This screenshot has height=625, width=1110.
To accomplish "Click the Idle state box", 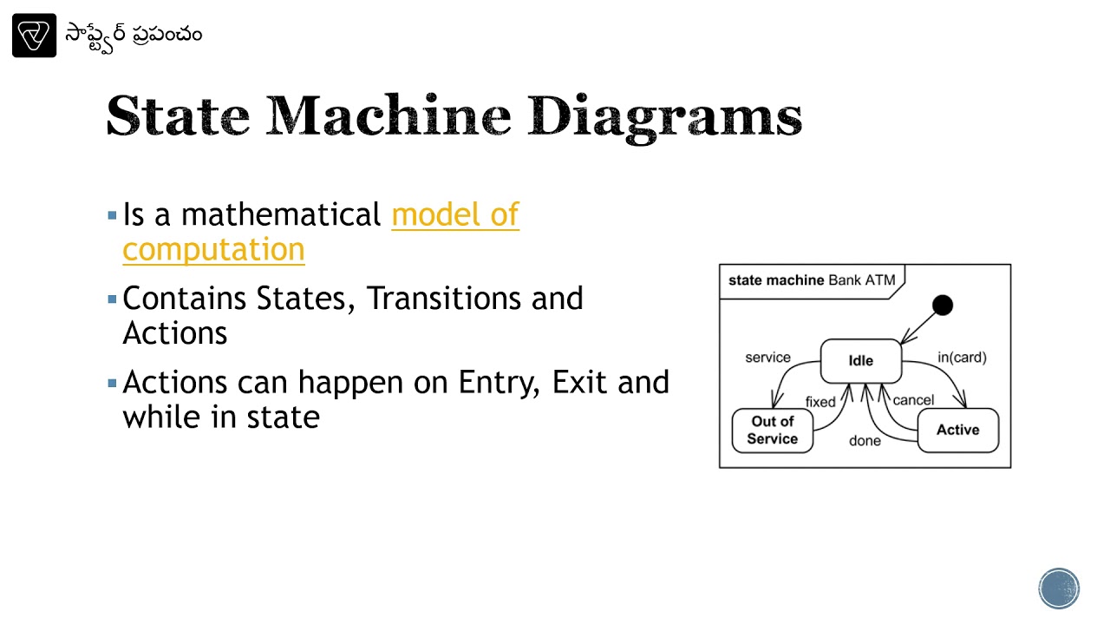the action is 860,360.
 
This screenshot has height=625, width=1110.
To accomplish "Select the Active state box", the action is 957,430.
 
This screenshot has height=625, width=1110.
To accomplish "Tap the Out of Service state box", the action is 772,431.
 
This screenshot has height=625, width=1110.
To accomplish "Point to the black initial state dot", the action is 943,306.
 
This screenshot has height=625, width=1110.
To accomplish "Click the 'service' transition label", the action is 767,357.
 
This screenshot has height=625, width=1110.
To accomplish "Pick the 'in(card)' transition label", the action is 962,357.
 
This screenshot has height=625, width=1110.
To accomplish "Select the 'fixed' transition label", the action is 819,402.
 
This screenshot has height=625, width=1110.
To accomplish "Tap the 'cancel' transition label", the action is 913,400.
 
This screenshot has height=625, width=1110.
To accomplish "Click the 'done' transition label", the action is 865,441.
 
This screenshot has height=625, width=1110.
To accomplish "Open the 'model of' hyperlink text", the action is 455,214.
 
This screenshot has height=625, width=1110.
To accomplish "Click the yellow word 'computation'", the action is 213,249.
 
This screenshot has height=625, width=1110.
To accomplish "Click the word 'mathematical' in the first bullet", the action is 281,214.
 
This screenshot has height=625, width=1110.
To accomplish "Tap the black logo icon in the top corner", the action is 34,36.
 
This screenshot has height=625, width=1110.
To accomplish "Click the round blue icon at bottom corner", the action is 1059,589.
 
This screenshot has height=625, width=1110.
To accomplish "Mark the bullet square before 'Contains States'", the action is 112,299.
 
